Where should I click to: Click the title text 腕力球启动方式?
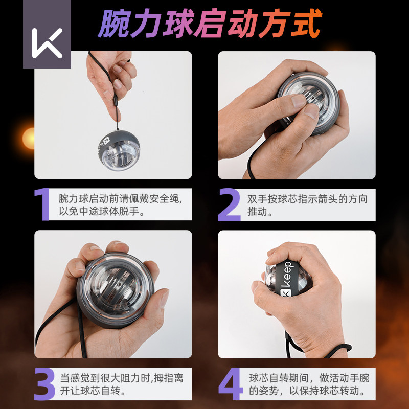pyautogui.click(x=210, y=23)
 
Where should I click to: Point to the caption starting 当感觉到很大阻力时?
pyautogui.click(x=121, y=384)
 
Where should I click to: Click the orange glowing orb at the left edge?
pyautogui.click(x=29, y=138)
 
